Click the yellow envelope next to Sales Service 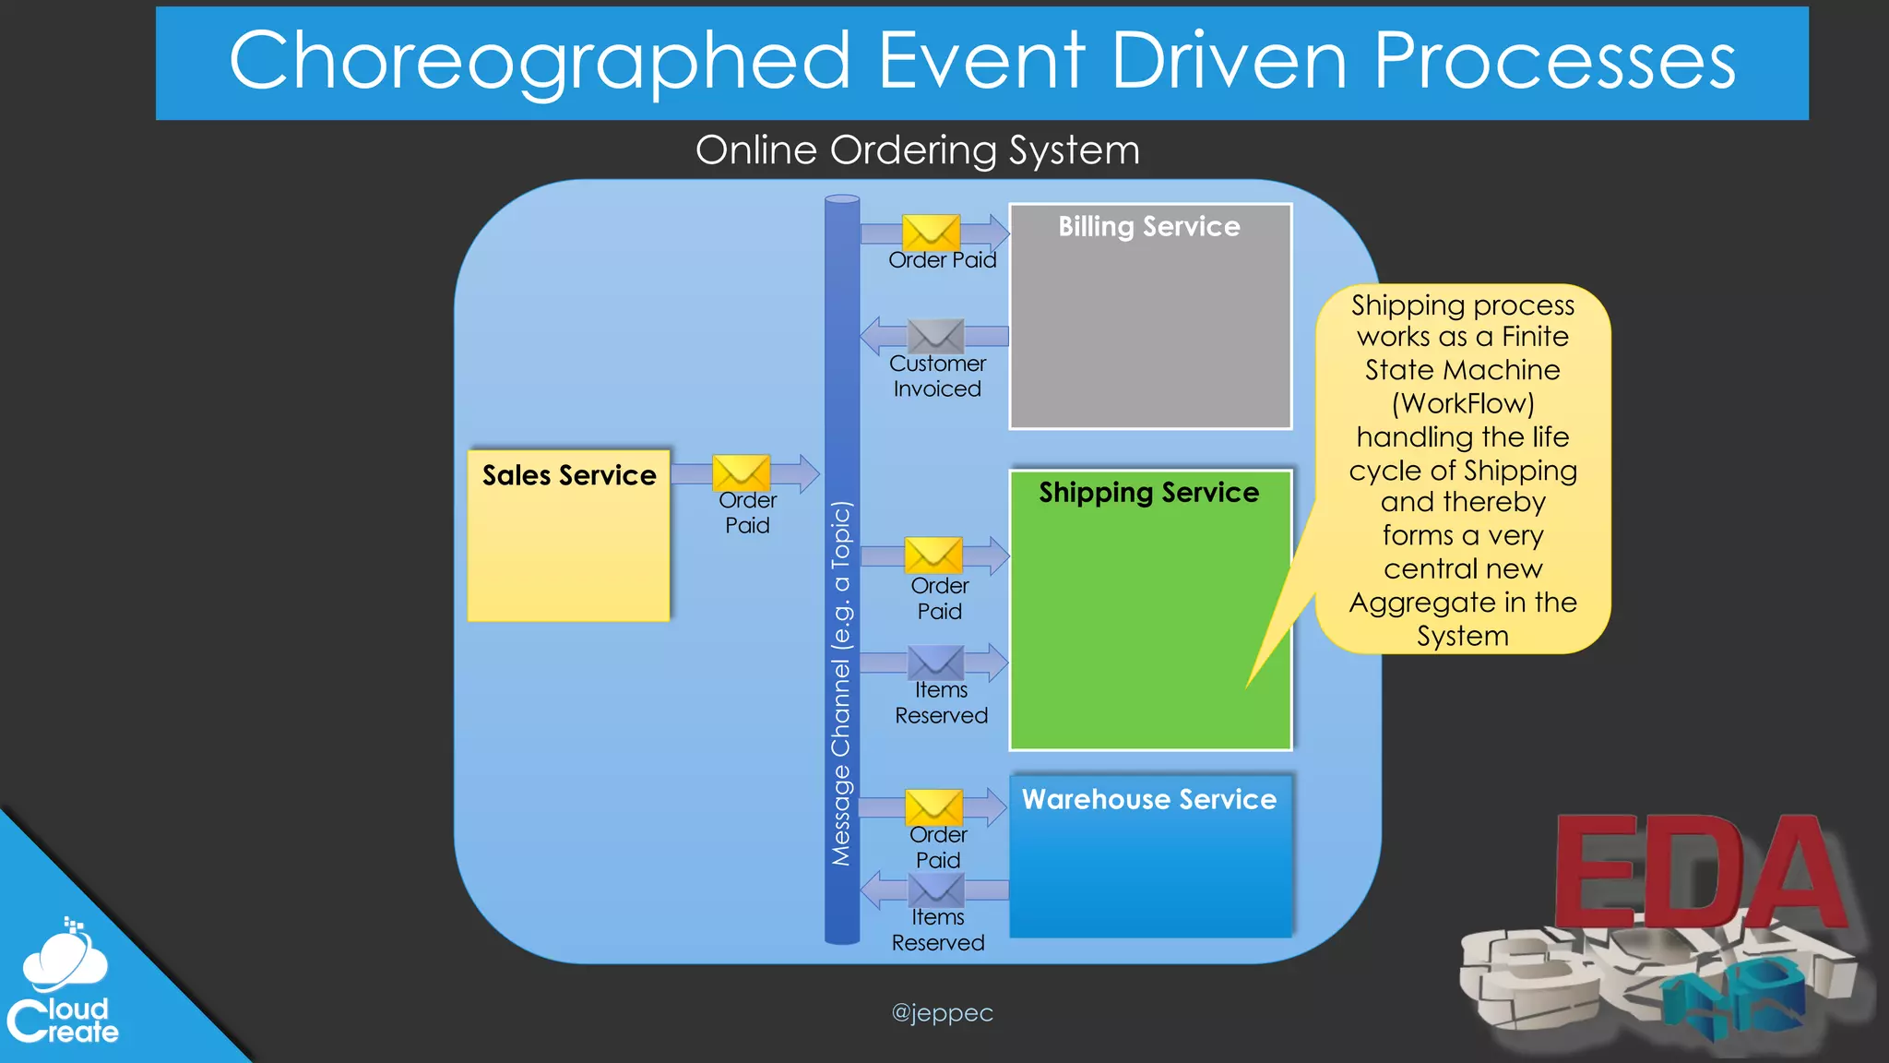pos(742,472)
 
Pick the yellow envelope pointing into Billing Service pos(931,232)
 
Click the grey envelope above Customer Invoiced pos(935,336)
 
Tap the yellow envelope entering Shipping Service pos(933,555)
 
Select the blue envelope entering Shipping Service pos(935,662)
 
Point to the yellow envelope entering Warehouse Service pos(933,806)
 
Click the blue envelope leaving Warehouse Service pos(936,890)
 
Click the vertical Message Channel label pos(841,683)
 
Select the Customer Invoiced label pos(937,376)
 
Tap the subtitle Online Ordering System pos(918,150)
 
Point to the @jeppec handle pos(942,1012)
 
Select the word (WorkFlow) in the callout pos(1463,403)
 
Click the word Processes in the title pos(1554,61)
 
